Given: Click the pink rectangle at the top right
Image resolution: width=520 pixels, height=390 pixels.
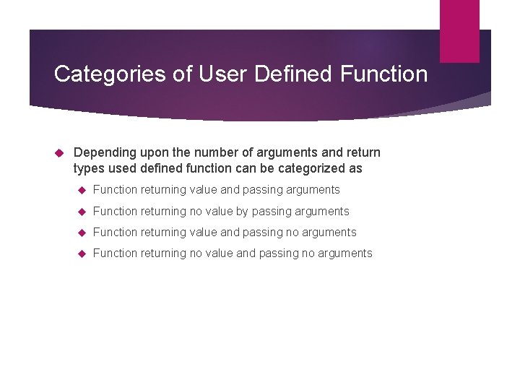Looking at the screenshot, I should coord(459,30).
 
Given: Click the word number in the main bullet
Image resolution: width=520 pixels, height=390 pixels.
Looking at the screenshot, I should coord(209,153).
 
